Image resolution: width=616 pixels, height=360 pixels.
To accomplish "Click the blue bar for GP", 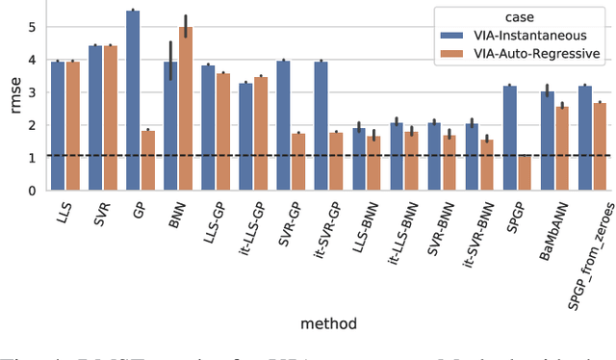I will coord(133,100).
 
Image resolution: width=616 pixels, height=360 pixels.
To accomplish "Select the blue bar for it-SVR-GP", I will coord(321,126).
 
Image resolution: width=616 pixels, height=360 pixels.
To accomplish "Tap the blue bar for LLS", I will coord(58,125).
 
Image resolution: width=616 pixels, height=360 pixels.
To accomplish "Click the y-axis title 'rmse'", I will coord(12,98).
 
